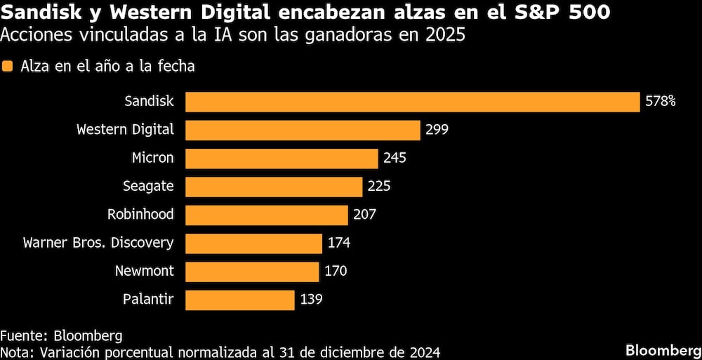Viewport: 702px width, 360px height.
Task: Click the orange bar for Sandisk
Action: (413, 101)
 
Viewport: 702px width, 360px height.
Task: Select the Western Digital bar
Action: (303, 130)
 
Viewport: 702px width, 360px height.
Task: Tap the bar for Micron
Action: (282, 158)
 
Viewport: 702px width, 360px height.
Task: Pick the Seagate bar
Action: (274, 186)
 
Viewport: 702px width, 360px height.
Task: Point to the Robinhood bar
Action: (267, 215)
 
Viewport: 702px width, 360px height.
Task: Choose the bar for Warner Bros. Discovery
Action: (253, 244)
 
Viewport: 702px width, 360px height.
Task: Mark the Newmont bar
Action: (252, 272)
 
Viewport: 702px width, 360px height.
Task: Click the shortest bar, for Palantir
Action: (239, 300)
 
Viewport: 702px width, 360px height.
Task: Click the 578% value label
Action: (660, 102)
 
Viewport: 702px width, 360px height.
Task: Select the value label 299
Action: (436, 130)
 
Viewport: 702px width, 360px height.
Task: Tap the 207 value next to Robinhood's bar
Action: (364, 215)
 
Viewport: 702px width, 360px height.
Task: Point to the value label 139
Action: (311, 300)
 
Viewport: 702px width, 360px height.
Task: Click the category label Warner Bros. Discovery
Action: (98, 244)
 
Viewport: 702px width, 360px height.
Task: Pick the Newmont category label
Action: (145, 272)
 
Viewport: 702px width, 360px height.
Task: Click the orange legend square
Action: (8, 67)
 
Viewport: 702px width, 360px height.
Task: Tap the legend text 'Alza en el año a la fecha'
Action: (107, 67)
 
